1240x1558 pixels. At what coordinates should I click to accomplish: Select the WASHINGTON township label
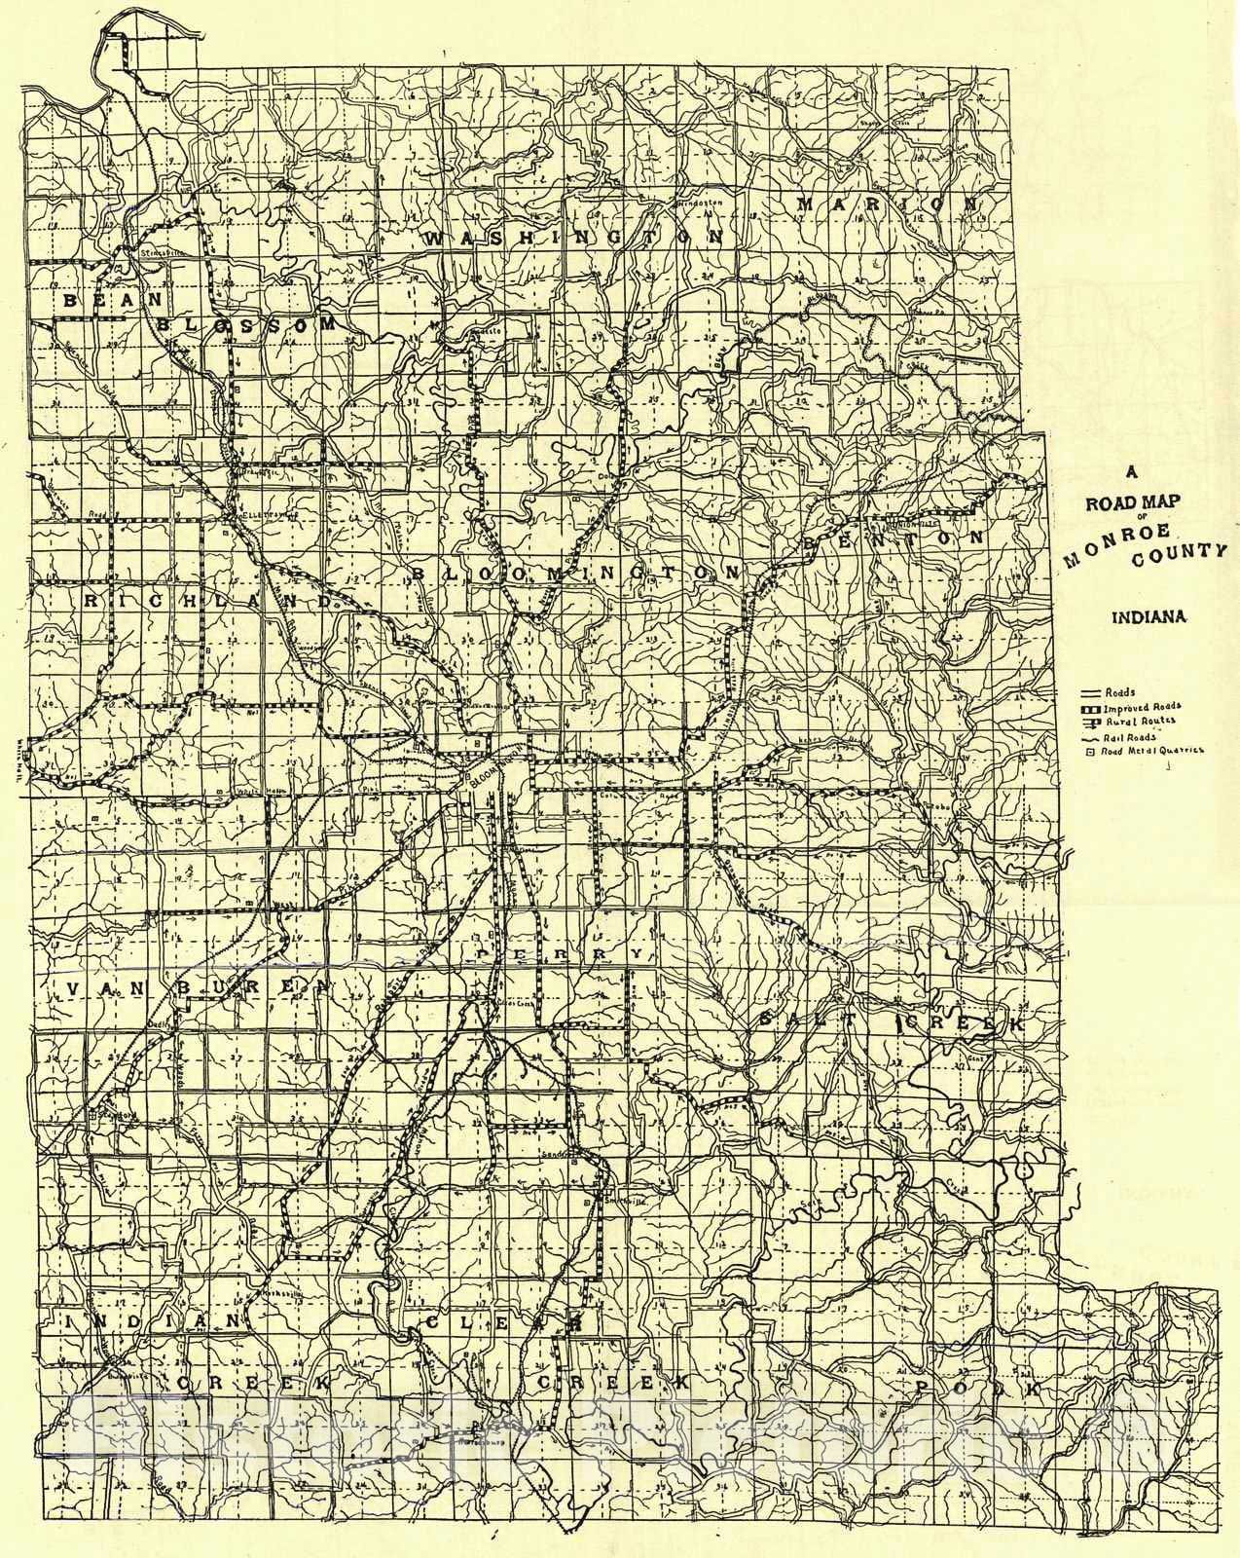[574, 238]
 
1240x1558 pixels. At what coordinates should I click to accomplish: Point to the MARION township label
[887, 204]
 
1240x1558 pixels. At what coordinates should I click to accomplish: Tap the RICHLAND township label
[208, 602]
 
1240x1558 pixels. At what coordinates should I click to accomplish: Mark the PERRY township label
[560, 955]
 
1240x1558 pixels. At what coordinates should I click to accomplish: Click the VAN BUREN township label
[185, 989]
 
